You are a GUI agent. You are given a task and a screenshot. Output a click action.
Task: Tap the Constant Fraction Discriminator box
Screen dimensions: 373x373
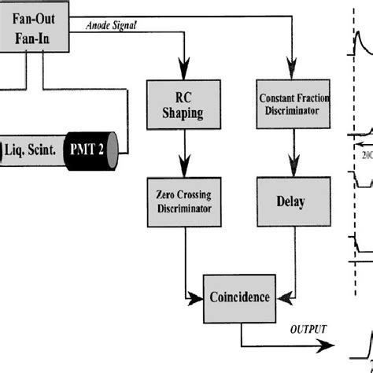click(293, 105)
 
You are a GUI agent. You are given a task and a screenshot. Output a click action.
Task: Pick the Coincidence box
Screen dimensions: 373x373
click(239, 297)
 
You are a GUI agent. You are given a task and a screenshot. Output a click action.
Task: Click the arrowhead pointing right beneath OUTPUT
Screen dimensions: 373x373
click(324, 344)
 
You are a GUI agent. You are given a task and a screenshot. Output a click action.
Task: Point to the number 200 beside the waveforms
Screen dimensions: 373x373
click(365, 155)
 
